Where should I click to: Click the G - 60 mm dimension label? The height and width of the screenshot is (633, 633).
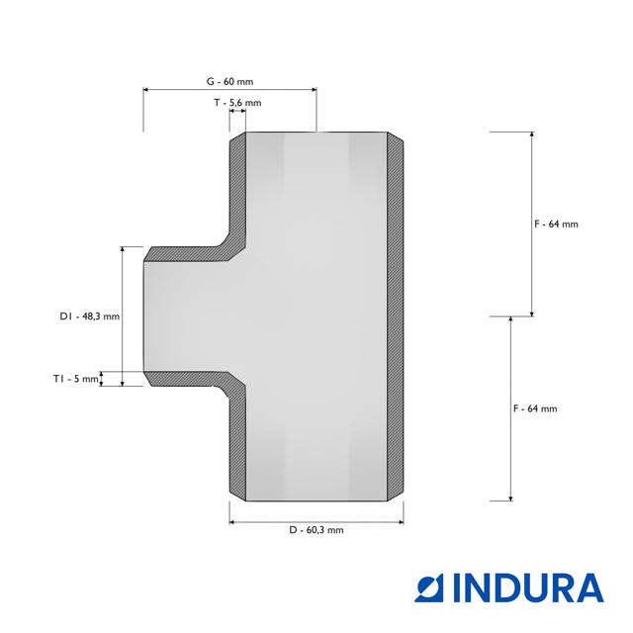pos(229,81)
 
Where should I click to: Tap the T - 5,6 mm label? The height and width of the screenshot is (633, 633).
pos(237,103)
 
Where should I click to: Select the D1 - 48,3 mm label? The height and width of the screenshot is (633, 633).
pos(90,316)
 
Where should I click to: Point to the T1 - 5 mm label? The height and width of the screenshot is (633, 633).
pos(76,379)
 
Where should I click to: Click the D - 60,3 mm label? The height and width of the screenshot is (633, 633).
pos(316,530)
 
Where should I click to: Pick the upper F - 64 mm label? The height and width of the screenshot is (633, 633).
pos(556,225)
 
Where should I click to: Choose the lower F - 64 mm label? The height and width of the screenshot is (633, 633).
pos(535,408)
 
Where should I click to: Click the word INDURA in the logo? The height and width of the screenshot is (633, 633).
pos(528,588)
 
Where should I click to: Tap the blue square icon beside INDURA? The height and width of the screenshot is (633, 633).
pos(429,588)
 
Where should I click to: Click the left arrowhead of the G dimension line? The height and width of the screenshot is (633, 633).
pos(146,90)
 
